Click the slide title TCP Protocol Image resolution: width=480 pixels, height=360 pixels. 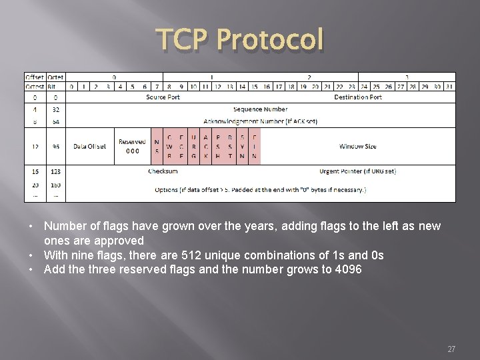pyautogui.click(x=240, y=41)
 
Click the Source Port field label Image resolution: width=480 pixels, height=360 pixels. pyautogui.click(x=163, y=97)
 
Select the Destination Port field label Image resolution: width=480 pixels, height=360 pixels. pyautogui.click(x=357, y=97)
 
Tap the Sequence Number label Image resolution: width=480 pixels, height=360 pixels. pyautogui.click(x=261, y=109)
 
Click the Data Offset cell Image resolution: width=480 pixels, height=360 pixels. pyautogui.click(x=91, y=146)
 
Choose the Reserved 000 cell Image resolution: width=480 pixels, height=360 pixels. pyautogui.click(x=133, y=146)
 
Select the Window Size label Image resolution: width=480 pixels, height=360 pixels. pyautogui.click(x=357, y=146)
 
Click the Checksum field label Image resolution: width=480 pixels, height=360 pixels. pyautogui.click(x=163, y=171)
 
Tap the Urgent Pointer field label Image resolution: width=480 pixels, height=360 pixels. pyautogui.click(x=357, y=171)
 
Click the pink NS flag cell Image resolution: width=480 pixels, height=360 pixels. pyautogui.click(x=157, y=146)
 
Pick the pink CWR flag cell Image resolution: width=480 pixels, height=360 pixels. pyautogui.click(x=169, y=146)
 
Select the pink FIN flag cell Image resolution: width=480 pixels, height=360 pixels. pyautogui.click(x=254, y=146)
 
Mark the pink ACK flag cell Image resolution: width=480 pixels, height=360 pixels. pyautogui.click(x=205, y=146)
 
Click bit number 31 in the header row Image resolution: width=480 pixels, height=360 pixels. pyautogui.click(x=449, y=86)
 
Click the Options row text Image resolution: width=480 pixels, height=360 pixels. pyautogui.click(x=261, y=189)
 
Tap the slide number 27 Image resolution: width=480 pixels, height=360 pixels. pyautogui.click(x=451, y=349)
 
